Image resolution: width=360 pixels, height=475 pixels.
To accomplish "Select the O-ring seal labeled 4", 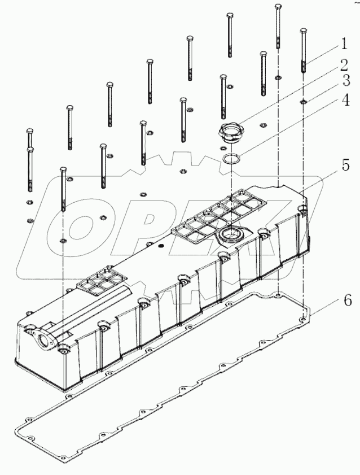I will [230, 160].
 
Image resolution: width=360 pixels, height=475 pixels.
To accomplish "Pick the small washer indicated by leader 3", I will [304, 102].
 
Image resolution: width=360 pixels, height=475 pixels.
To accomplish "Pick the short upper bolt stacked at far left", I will [30, 138].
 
